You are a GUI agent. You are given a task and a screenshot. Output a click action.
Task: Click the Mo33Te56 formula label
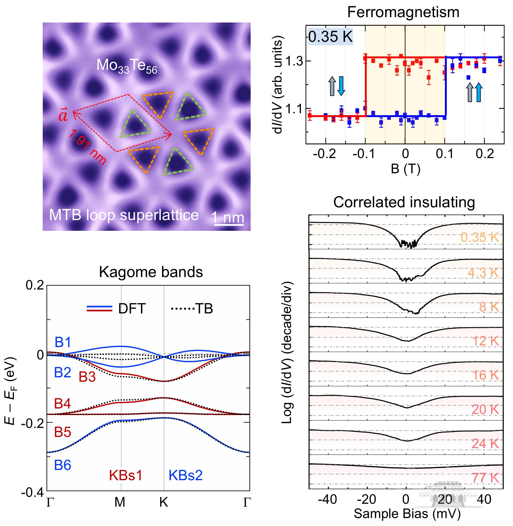point(127,66)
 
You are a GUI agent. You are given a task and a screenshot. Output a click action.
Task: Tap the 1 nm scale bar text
point(228,217)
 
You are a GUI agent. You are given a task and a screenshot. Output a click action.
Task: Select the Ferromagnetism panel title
point(403,12)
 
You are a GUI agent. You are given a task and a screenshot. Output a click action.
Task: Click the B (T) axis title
point(405,169)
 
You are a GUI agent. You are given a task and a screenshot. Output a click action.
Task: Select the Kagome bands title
point(151,272)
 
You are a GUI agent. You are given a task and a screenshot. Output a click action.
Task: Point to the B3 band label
point(87,377)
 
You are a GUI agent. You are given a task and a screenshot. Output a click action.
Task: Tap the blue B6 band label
point(63,465)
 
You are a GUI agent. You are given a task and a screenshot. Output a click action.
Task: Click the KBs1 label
point(125,475)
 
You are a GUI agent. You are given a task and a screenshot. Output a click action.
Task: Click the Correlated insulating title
point(404,202)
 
